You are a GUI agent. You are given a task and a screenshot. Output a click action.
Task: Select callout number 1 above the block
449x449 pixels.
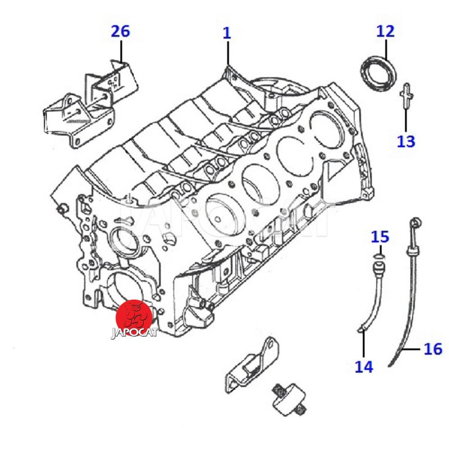point(227,33)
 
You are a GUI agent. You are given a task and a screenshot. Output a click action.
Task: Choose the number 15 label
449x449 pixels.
point(380,236)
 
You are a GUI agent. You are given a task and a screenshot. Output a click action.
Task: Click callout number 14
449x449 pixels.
point(364,366)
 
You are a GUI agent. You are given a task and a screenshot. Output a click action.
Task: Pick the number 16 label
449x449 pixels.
point(433,349)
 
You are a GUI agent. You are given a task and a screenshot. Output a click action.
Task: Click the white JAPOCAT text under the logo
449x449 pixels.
point(134,332)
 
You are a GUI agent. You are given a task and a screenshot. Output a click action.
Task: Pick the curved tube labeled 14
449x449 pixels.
point(370,297)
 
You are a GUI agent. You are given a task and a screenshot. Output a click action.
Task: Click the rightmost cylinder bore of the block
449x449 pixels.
point(327,126)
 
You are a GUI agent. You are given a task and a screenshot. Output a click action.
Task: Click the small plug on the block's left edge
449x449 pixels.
point(62,209)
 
